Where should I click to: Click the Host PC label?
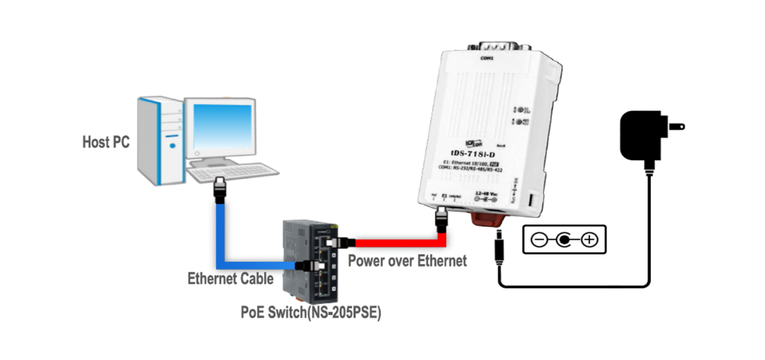tap(105, 142)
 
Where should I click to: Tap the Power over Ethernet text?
tap(407, 260)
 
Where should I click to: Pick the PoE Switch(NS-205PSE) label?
tap(311, 311)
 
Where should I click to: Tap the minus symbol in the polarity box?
tap(539, 240)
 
